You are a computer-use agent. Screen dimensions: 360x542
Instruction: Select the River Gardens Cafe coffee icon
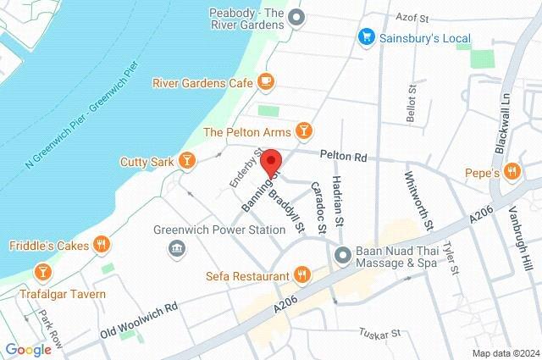(266, 81)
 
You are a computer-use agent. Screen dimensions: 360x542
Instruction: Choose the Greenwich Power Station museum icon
(177, 247)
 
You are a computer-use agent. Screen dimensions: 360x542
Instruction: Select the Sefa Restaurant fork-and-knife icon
(301, 274)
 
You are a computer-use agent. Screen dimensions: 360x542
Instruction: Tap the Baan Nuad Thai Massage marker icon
(342, 254)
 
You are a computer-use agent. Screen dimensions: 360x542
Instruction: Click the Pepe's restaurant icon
(511, 173)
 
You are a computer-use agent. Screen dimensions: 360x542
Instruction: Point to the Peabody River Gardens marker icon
(296, 16)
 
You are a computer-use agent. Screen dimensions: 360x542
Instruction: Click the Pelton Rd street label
(343, 156)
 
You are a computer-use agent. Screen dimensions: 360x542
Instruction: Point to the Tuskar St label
(379, 332)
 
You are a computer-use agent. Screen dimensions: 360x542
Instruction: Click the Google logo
(28, 350)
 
